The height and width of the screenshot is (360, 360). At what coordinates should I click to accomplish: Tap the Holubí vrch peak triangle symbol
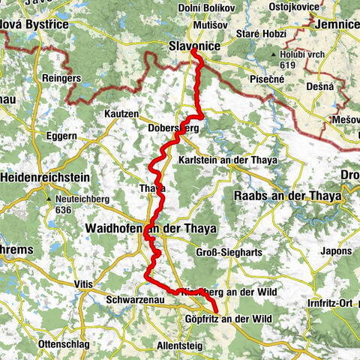(x=271, y=55)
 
